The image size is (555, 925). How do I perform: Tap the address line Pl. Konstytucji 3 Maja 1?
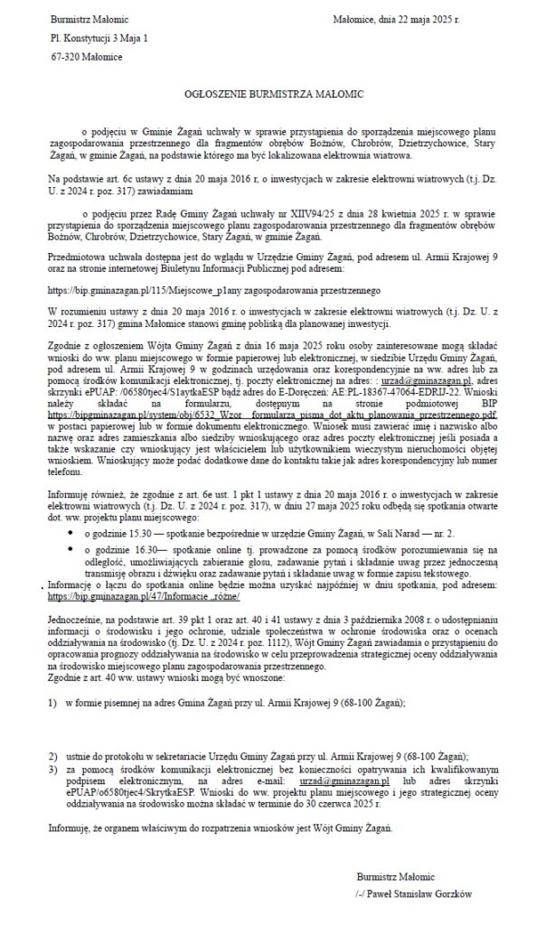coord(99,38)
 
